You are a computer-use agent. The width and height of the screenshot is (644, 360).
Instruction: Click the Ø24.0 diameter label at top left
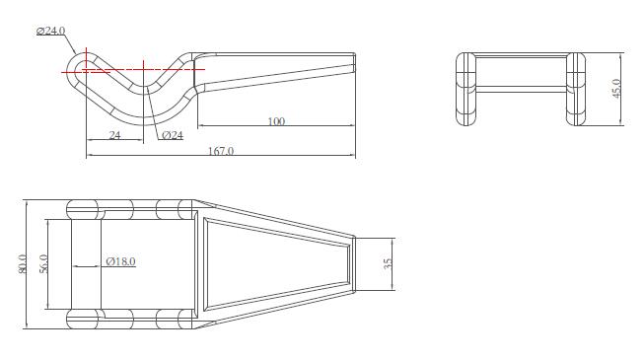[x=50, y=31]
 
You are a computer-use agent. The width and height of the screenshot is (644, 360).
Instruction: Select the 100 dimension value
[x=276, y=121]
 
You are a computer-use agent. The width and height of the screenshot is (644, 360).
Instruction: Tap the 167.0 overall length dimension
[x=221, y=151]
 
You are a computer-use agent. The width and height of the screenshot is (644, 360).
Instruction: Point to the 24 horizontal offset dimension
[x=115, y=135]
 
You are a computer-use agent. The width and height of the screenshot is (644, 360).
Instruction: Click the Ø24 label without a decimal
[x=173, y=135]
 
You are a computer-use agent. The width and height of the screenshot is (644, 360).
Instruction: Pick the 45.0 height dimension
[x=616, y=89]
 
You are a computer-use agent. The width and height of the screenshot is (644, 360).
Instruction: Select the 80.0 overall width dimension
[x=22, y=264]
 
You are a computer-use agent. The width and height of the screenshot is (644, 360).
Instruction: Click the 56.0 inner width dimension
[x=43, y=264]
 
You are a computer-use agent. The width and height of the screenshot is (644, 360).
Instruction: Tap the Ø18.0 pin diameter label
[x=120, y=261]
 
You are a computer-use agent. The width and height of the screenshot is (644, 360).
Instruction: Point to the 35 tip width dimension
[x=388, y=264]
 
